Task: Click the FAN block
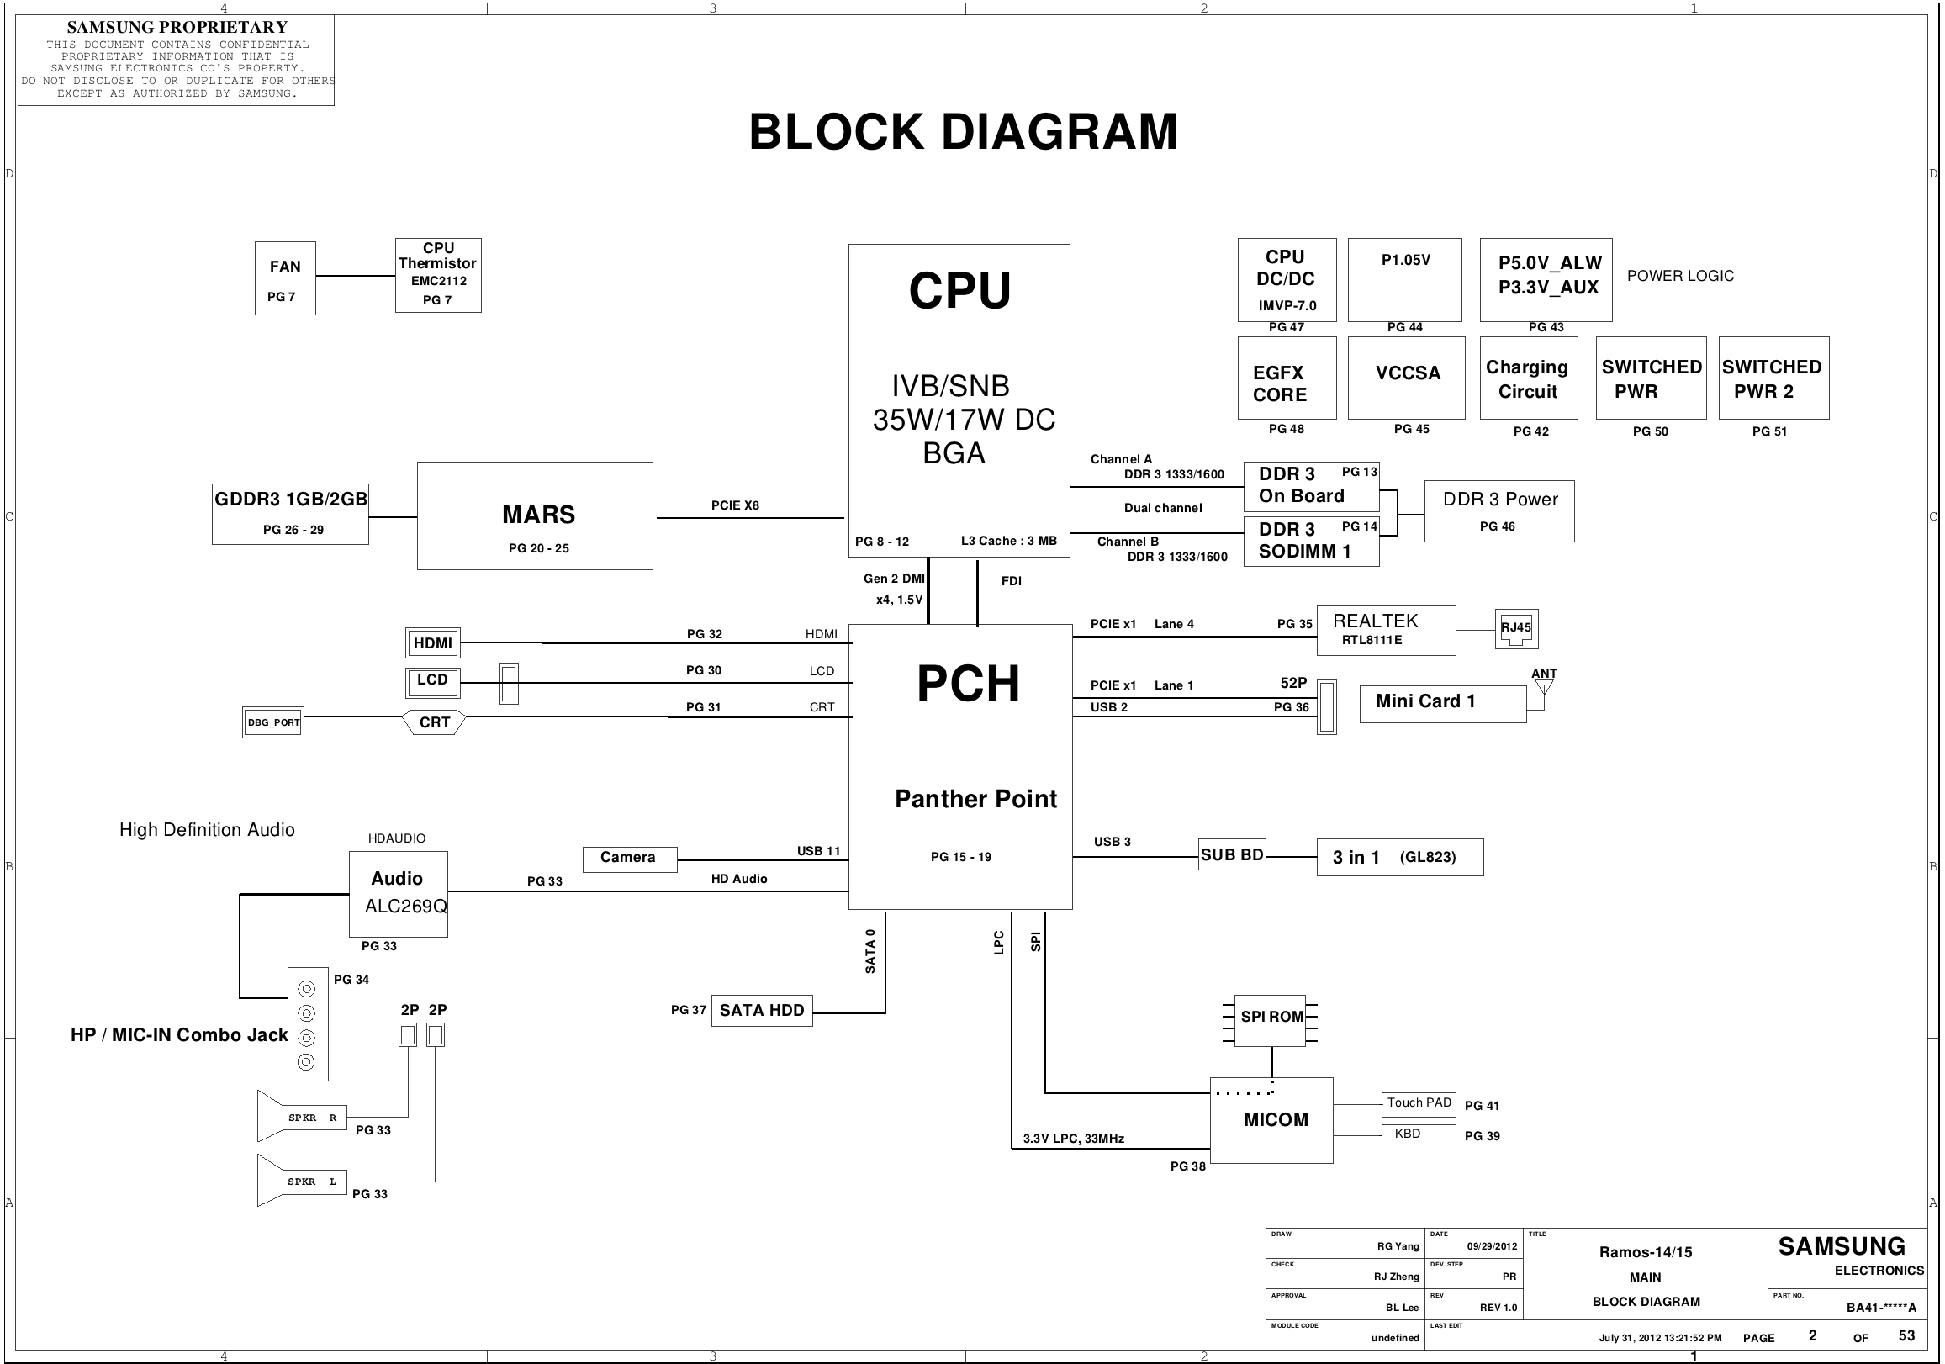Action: click(285, 278)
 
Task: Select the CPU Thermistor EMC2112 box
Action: click(438, 275)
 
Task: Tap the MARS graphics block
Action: click(535, 516)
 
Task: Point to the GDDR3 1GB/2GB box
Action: click(291, 514)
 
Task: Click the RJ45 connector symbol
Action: click(1516, 629)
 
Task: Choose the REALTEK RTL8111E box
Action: click(1386, 631)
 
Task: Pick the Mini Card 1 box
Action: click(1442, 702)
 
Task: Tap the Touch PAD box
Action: click(1419, 1103)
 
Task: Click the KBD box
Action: click(1419, 1134)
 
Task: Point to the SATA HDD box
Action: click(762, 1011)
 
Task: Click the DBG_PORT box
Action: click(272, 722)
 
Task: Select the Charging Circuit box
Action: click(1528, 378)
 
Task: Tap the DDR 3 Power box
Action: click(1499, 510)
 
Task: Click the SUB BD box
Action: click(1232, 855)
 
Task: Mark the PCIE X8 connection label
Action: click(735, 505)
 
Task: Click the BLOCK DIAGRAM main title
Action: click(963, 132)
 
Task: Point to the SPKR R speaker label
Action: click(314, 1118)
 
